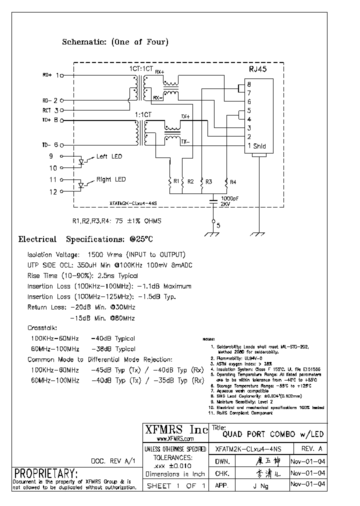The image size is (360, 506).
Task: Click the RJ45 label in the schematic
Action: [258, 70]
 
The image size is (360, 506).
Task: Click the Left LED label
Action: [109, 156]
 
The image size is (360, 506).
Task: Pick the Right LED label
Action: [111, 179]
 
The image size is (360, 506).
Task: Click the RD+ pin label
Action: [47, 75]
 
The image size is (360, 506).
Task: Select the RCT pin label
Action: [47, 110]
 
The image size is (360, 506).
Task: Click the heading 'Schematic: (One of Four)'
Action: [115, 42]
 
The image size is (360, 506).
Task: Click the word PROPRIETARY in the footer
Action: [46, 473]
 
